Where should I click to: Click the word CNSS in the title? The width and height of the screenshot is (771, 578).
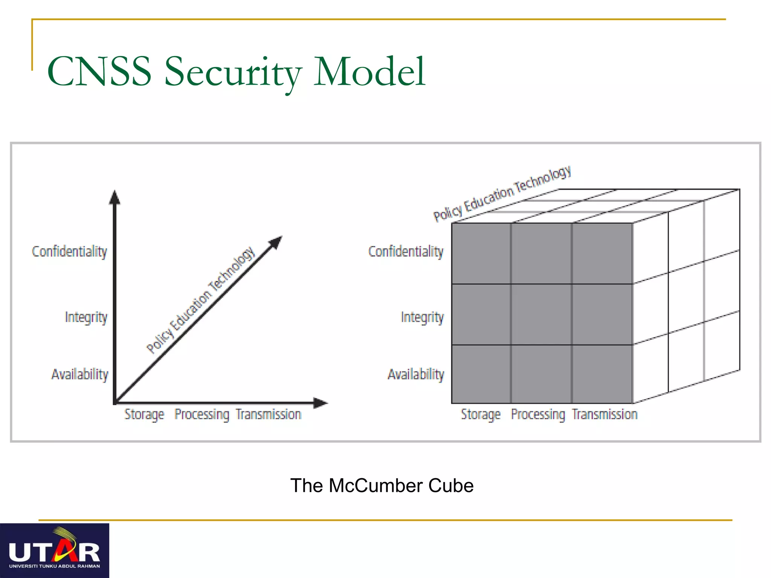99,71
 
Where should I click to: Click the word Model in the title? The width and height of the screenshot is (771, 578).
370,71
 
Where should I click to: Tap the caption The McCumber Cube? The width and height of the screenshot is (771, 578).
382,485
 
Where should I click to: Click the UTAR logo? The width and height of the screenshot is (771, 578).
55,551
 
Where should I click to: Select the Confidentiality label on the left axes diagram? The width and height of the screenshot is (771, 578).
70,251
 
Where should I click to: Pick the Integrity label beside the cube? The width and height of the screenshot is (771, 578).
422,317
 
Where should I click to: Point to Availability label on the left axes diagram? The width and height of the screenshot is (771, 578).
80,374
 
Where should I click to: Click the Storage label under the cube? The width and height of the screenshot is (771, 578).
481,414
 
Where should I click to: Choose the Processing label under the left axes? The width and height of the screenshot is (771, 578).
202,414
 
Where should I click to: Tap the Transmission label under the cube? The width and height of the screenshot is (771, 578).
605,414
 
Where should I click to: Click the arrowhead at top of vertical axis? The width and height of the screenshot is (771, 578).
115,198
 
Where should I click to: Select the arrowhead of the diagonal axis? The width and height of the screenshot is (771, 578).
276,242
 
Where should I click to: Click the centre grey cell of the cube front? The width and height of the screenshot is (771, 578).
541,314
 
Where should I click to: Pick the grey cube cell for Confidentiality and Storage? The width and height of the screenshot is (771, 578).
481,253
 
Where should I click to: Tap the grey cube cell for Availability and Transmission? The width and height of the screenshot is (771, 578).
602,374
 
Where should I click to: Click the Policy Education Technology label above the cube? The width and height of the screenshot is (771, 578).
502,193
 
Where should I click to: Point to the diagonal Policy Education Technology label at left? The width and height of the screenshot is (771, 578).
201,300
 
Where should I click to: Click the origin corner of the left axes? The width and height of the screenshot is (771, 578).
115,403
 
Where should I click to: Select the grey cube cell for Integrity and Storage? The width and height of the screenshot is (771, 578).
481,314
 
